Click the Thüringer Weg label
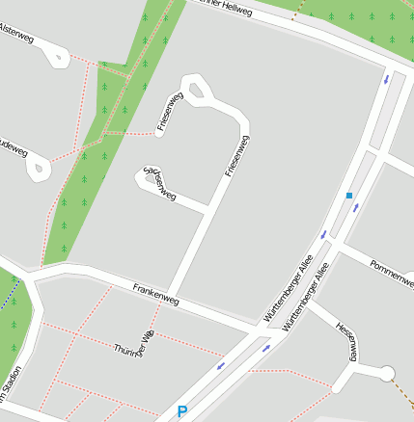(134, 341)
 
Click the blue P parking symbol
(181, 412)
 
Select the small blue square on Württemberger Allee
(349, 196)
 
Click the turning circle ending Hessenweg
(387, 374)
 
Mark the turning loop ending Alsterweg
(56, 58)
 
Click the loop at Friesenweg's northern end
(200, 92)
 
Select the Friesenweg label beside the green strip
(170, 112)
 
